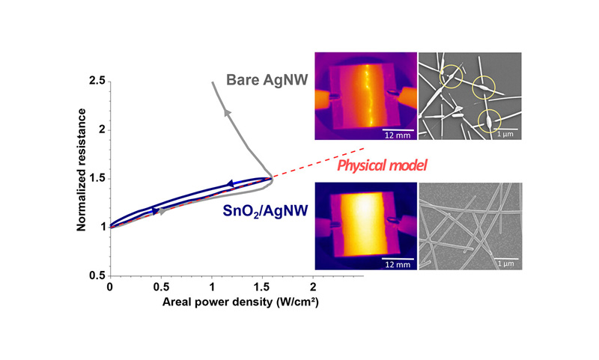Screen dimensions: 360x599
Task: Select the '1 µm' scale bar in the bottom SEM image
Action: tap(500, 260)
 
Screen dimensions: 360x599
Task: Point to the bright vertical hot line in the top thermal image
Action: tap(365, 96)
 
